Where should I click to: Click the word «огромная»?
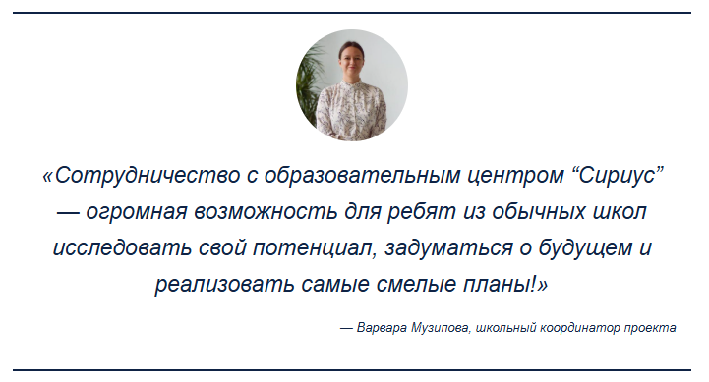(x=136, y=212)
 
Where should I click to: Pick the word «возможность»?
(x=266, y=212)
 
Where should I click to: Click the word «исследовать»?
(x=122, y=247)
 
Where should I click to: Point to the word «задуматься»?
(x=448, y=247)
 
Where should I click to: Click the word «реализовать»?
(x=225, y=285)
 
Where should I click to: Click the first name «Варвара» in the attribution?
(x=382, y=327)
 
